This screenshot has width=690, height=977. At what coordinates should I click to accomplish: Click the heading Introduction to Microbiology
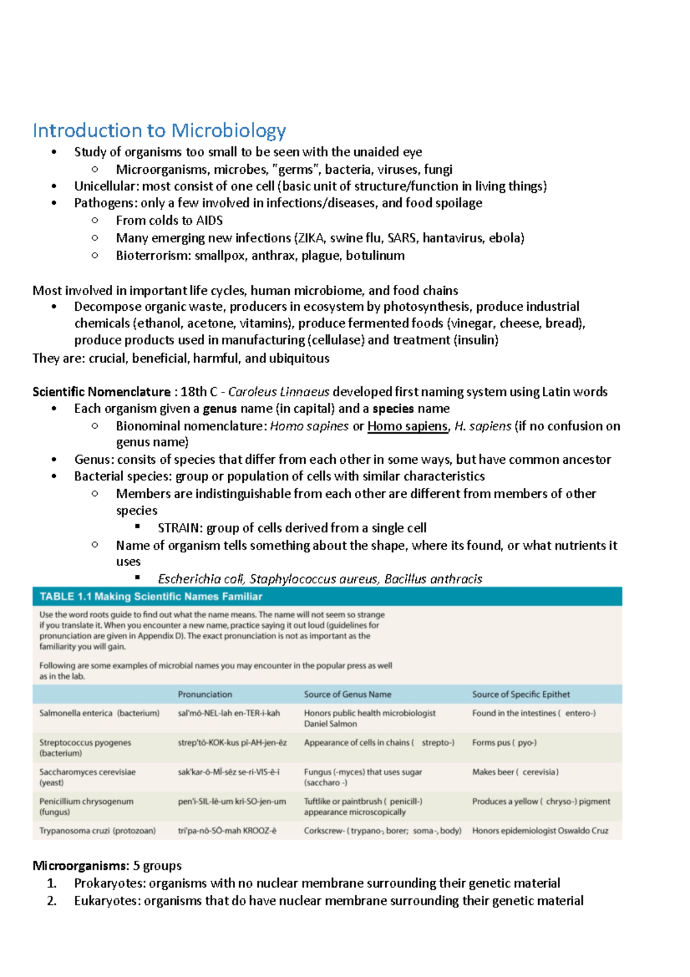click(159, 131)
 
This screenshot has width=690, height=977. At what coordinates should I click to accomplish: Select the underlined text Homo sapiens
click(407, 426)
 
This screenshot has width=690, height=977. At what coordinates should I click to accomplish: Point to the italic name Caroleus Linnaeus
click(278, 392)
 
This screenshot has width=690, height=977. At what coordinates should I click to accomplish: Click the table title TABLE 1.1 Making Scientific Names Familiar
click(151, 597)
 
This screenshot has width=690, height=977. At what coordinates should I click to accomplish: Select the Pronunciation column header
click(205, 694)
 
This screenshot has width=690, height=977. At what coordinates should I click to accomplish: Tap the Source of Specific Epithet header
click(520, 694)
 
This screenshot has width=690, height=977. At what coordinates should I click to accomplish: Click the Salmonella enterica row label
click(99, 713)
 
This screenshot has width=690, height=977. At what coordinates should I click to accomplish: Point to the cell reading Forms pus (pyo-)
click(504, 743)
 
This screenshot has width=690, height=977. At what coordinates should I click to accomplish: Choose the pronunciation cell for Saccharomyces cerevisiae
click(228, 772)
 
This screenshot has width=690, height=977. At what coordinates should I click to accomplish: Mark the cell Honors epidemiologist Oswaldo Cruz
click(539, 831)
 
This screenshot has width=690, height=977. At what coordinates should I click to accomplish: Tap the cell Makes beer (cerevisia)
click(515, 772)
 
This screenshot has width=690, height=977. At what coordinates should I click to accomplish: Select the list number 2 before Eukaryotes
click(52, 901)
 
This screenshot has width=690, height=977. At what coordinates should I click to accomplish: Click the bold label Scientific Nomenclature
click(101, 392)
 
